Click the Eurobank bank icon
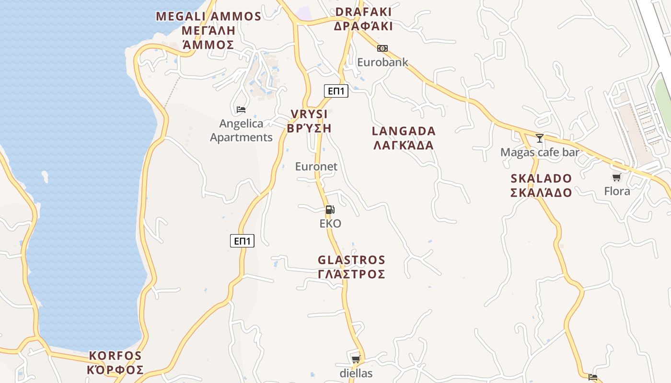382,48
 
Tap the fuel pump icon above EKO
330,209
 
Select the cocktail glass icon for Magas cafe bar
540,138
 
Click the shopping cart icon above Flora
617,177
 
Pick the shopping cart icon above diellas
356,359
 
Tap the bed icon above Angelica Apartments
241,109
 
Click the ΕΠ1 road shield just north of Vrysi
336,90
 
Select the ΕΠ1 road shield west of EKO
242,241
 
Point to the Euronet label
316,167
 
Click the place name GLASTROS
351,260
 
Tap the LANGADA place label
404,131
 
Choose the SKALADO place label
541,179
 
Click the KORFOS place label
116,356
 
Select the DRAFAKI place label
363,12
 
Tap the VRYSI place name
309,114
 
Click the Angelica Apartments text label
241,130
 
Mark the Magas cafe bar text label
540,152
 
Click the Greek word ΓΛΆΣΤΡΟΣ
351,274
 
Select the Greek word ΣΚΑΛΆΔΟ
541,193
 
